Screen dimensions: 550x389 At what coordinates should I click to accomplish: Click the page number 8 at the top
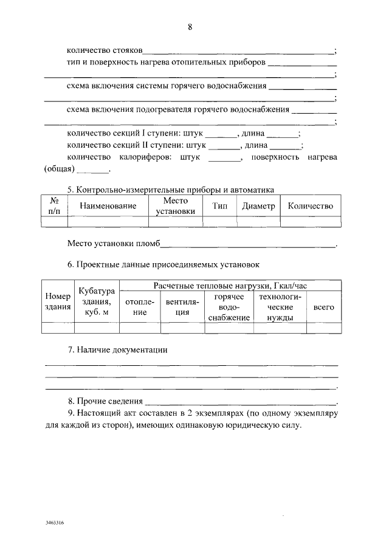(190, 27)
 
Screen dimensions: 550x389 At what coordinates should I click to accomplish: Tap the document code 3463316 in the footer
(54, 522)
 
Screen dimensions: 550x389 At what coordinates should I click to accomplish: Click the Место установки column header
(176, 206)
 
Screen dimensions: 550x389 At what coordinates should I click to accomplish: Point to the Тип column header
(219, 206)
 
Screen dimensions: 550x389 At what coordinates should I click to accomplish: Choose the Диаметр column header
(258, 206)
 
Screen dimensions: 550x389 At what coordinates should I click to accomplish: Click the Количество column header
(310, 206)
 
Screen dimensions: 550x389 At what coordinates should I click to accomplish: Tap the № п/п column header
(53, 206)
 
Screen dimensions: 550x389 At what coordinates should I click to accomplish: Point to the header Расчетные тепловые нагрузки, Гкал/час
(229, 286)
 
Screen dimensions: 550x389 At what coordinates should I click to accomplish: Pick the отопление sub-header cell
(140, 308)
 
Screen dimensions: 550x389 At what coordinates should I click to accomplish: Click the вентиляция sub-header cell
(182, 308)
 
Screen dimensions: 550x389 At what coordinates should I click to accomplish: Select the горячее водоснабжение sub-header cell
(229, 308)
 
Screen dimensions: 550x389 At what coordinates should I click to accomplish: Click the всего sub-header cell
(323, 308)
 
